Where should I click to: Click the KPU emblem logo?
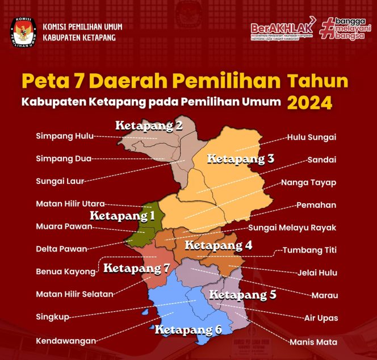[22, 32]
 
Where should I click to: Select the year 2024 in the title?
[309, 102]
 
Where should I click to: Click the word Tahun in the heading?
[317, 81]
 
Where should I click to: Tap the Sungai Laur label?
[60, 181]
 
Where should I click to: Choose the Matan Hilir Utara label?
[70, 203]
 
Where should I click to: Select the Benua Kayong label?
[65, 271]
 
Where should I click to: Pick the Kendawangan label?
[65, 341]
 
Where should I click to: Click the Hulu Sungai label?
[311, 137]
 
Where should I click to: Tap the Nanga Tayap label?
[308, 182]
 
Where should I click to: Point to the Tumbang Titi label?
[309, 250]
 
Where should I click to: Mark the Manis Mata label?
[312, 342]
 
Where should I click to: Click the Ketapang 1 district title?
[122, 216]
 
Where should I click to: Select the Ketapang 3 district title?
[240, 159]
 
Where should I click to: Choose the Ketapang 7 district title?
[136, 268]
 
